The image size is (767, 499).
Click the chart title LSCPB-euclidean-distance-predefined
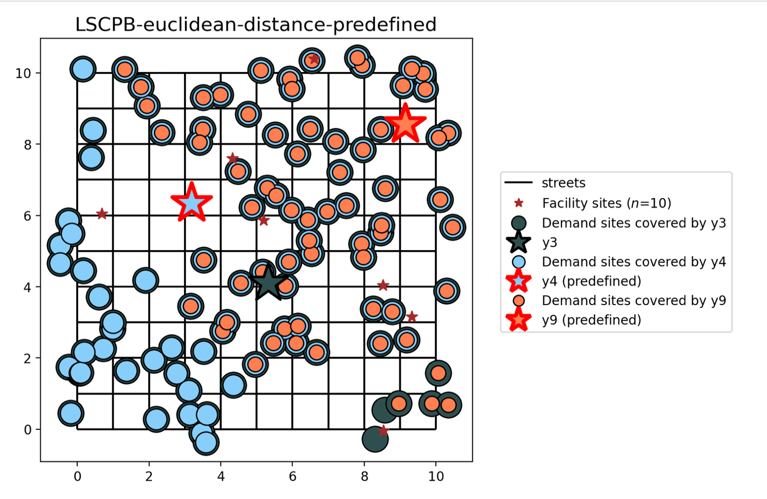tap(256, 24)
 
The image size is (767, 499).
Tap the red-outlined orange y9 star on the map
tap(405, 124)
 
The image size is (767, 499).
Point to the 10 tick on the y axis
tap(23, 73)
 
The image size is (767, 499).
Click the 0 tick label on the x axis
tap(77, 476)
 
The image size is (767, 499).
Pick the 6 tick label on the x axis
tap(292, 476)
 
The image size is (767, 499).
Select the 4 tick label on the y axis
tap(27, 287)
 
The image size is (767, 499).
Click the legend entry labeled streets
tap(563, 183)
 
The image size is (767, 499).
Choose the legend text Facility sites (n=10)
tap(606, 203)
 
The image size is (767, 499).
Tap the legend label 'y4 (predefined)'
tap(592, 281)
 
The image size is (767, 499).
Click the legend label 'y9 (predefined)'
tap(592, 320)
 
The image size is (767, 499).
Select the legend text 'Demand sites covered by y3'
tap(634, 223)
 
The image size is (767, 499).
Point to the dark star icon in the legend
tap(519, 242)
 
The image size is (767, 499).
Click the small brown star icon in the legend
tap(519, 203)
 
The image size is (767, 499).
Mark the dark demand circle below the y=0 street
tap(374, 439)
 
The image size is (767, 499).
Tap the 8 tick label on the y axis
tap(27, 145)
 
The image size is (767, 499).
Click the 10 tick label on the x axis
tap(436, 476)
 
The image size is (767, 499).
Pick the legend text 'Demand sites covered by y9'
tap(634, 300)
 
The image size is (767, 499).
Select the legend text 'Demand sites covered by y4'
tap(634, 262)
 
